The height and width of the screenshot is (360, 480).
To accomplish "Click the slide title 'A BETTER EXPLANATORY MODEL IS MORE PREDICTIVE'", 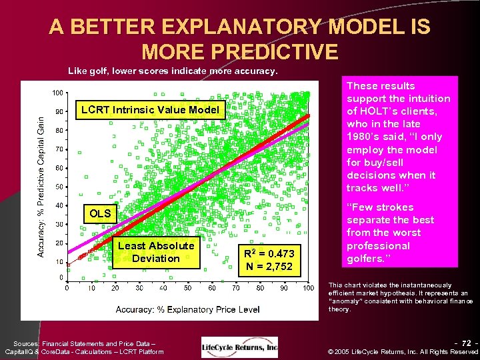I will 240,39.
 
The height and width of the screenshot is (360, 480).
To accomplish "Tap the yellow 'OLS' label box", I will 100,214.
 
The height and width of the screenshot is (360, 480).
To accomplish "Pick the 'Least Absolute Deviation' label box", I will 156,252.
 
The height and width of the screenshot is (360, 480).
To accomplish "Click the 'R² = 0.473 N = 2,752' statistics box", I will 268,259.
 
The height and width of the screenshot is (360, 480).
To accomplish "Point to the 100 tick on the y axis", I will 57,93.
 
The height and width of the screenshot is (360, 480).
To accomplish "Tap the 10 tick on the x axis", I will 91,287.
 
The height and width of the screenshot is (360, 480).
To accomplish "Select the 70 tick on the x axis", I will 236,287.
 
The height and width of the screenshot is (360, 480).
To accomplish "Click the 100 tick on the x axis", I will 308,287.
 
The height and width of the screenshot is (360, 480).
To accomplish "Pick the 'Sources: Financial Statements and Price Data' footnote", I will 84,346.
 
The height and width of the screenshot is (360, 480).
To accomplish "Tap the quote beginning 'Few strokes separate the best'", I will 391,233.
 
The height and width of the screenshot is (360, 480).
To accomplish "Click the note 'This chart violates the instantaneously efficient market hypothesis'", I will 399,297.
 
